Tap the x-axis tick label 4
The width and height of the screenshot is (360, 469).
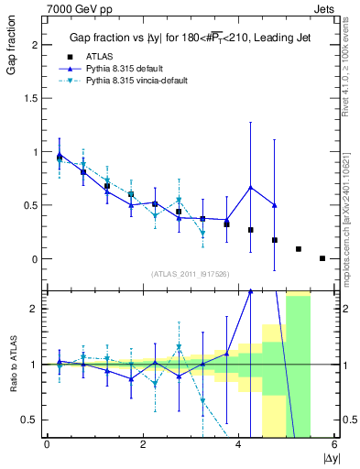click(x=238, y=445)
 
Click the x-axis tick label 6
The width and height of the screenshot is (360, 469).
click(x=334, y=445)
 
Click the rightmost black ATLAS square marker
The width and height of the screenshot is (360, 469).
click(x=322, y=258)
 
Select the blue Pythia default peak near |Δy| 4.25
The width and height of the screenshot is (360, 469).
click(x=250, y=188)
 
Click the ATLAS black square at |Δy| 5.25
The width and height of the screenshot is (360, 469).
click(x=299, y=249)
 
